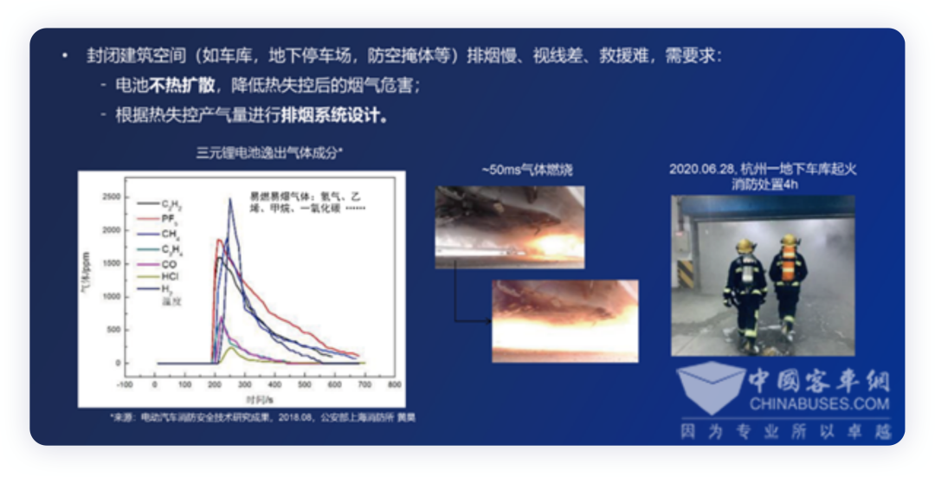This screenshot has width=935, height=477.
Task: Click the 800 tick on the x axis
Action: [394, 384]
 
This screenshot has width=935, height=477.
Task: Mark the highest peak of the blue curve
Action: [230, 200]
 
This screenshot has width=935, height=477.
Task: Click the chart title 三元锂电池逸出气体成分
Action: [268, 153]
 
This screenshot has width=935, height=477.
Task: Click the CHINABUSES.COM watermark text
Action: [819, 403]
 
